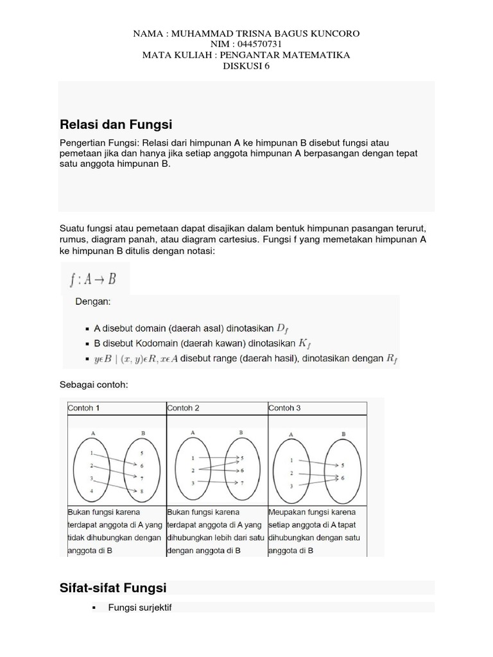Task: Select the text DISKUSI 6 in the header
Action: point(246,66)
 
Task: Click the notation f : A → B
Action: point(93,279)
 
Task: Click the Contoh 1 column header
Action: point(83,408)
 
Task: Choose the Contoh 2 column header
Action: point(184,408)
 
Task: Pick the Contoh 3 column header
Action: point(284,408)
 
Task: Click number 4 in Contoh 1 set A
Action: point(92,491)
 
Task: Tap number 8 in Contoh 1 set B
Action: point(141,491)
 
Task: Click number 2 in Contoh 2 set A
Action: point(193,470)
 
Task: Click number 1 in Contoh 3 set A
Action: point(293,460)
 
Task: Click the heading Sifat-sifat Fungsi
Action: point(113,588)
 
